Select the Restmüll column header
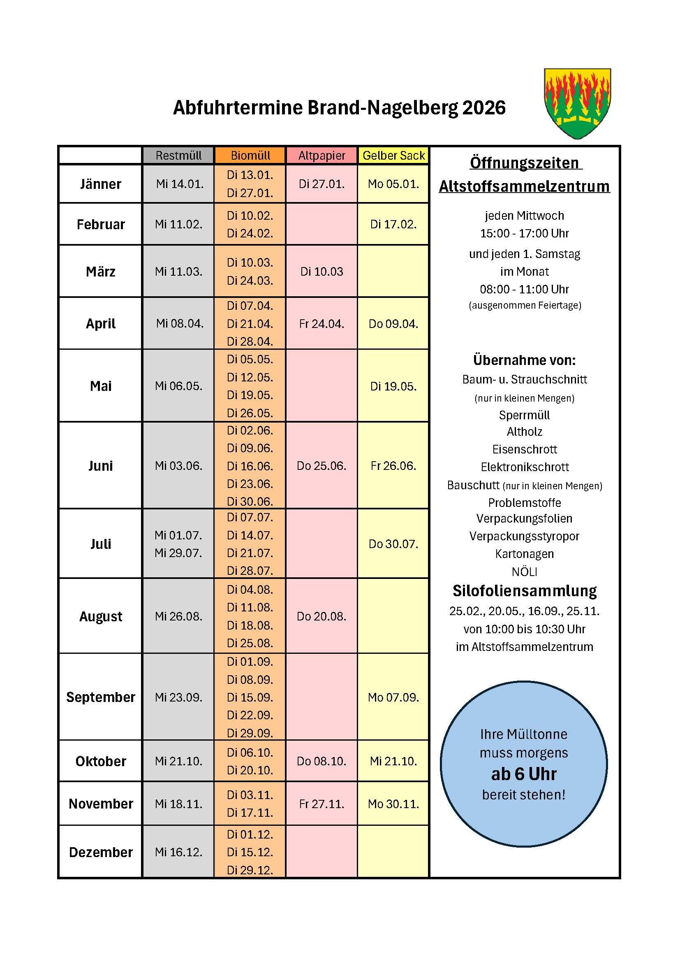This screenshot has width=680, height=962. tap(178, 156)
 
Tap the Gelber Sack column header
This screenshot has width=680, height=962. tap(393, 156)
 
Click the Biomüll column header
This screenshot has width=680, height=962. tap(250, 156)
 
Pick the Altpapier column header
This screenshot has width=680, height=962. tap(321, 156)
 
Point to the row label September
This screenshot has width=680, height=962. tap(100, 697)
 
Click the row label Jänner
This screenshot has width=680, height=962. tap(100, 184)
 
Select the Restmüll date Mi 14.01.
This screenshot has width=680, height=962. tap(180, 184)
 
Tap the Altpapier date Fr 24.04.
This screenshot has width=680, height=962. tap(321, 324)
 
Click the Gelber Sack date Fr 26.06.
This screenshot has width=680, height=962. tap(393, 466)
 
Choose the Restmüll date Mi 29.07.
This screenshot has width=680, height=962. tap(178, 553)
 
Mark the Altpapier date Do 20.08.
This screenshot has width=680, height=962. tap(321, 616)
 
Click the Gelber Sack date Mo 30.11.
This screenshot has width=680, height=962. tap(393, 804)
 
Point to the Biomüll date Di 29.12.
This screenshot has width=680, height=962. tap(250, 870)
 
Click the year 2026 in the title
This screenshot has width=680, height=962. tap(484, 108)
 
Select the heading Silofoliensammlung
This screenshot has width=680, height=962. tap(524, 591)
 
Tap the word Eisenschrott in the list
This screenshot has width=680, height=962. tap(524, 450)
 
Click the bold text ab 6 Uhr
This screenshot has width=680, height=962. tap(524, 774)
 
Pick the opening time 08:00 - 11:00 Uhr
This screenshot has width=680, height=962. tap(524, 289)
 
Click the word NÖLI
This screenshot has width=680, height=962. tap(524, 572)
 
